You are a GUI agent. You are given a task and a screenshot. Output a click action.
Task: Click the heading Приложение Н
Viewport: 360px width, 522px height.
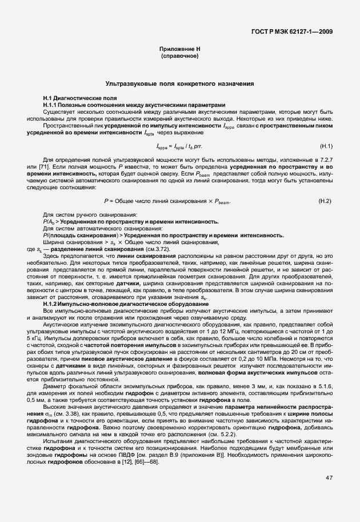pyautogui.click(x=179, y=50)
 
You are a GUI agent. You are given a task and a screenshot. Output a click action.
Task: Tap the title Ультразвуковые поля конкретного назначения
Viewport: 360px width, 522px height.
pyautogui.click(x=179, y=84)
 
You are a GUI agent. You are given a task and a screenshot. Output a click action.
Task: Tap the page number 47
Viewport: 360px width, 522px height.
pyautogui.click(x=329, y=493)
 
